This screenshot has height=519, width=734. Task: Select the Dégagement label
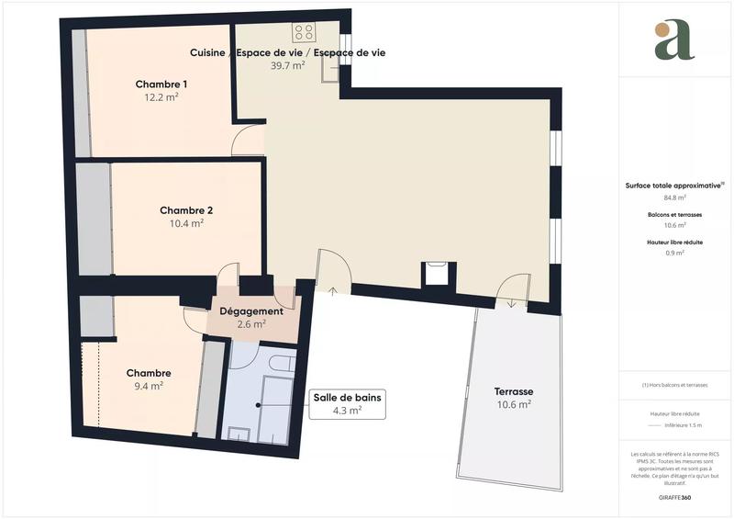pos(251,311)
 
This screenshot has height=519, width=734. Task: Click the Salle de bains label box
pos(347,403)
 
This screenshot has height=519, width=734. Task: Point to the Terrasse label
pos(514,391)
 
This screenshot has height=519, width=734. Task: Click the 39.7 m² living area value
pos(287,66)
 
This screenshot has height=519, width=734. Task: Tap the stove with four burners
pos(305,33)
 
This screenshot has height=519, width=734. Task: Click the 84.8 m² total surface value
pos(675,197)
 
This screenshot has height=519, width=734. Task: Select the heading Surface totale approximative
pos(674,185)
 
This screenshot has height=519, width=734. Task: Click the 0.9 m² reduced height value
pos(675,253)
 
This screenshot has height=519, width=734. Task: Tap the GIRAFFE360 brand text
pos(675,498)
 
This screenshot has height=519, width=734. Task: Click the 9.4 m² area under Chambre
pos(150,386)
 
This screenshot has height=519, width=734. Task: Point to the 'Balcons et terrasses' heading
pos(675,214)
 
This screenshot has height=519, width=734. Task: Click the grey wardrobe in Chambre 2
pos(93,219)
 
